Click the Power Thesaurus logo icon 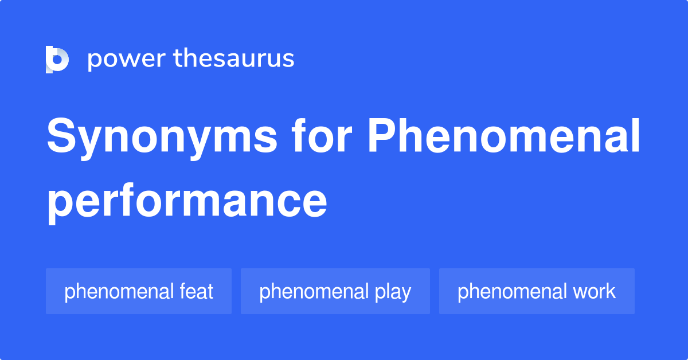(x=57, y=60)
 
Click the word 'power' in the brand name (x=127, y=59)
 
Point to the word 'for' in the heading (x=322, y=135)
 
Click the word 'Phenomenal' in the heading (x=504, y=135)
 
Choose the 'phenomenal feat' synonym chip (x=139, y=291)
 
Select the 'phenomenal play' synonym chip (x=335, y=291)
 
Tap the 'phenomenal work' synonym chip (x=537, y=291)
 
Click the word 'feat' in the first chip (x=196, y=291)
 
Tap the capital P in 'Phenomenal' (x=382, y=135)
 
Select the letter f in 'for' (x=300, y=135)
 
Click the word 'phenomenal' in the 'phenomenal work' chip (x=512, y=291)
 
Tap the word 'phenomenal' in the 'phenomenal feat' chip (x=119, y=291)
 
